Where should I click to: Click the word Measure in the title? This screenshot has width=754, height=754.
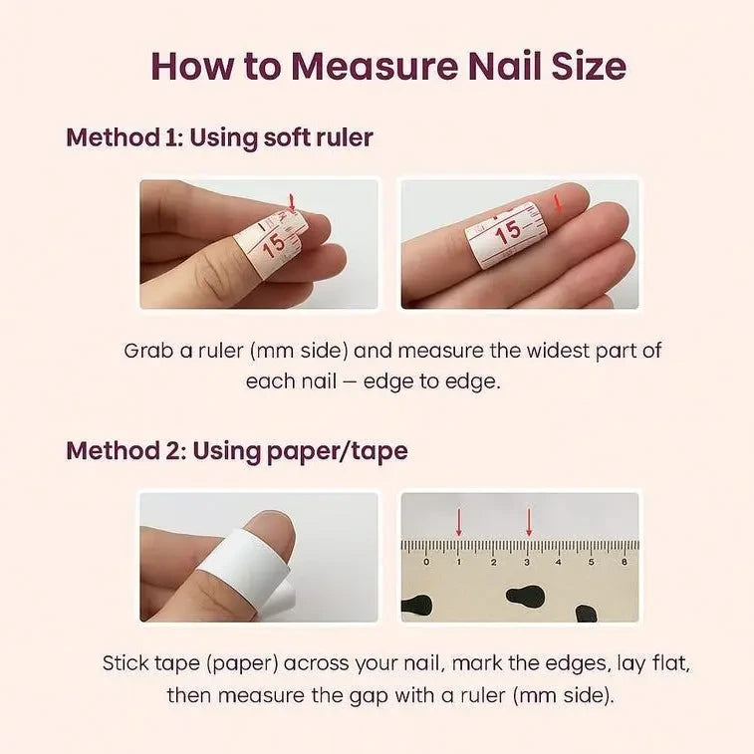coord(375,66)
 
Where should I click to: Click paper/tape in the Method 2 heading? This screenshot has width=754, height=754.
coord(337,451)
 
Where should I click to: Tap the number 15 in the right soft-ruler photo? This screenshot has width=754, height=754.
coord(508,233)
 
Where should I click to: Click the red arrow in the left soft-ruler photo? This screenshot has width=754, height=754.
coord(291,202)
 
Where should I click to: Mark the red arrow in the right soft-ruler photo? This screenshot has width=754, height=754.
coord(558,202)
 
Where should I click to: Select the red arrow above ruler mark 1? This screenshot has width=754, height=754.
coord(459,522)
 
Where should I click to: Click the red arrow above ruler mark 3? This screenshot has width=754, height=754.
coord(529,522)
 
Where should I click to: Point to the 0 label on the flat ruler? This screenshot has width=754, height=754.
coord(426,562)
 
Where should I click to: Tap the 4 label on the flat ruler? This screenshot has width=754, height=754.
coord(559,562)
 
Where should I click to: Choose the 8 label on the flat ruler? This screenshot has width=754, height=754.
coord(625,562)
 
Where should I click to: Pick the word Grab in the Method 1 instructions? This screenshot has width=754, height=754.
coord(148,351)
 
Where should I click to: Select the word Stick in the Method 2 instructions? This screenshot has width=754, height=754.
coord(126,663)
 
